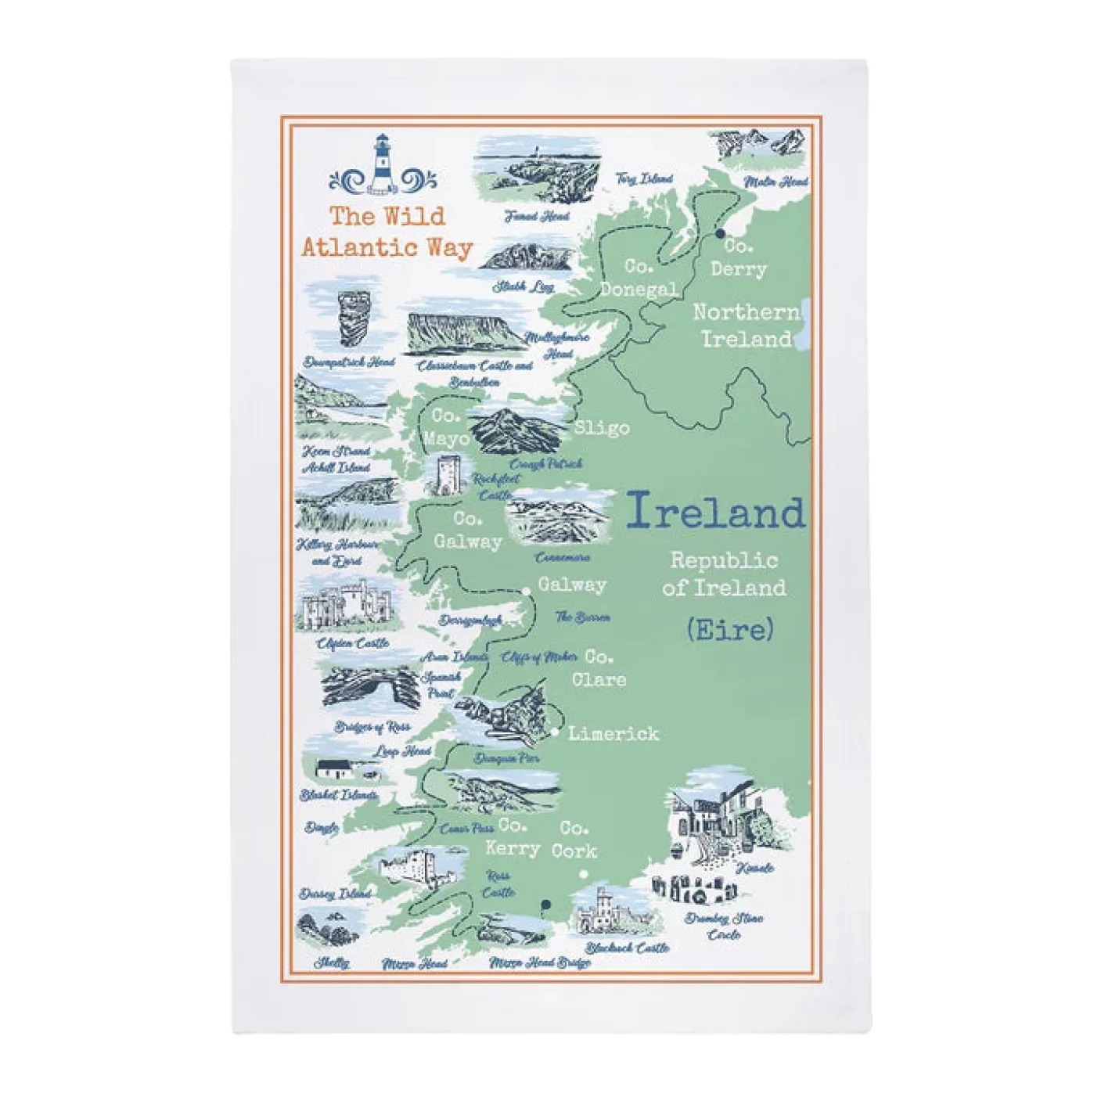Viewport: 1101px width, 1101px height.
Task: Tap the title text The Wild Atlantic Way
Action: (387, 232)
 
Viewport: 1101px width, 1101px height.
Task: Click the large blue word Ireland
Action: (715, 513)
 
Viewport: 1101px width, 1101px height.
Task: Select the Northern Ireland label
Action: (747, 326)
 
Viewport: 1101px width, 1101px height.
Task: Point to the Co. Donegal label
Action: (639, 278)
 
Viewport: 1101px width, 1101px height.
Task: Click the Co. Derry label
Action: (738, 258)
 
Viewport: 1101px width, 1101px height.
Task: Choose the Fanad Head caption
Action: (537, 216)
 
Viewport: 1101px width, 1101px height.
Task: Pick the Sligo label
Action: (602, 428)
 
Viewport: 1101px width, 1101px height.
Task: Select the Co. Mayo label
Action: (447, 427)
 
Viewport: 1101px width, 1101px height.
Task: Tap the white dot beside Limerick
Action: (555, 732)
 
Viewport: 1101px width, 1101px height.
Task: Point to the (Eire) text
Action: (730, 629)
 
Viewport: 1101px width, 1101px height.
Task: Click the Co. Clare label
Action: (599, 668)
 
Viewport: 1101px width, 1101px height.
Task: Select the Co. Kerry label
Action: (513, 837)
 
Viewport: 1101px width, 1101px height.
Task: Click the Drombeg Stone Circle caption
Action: (724, 926)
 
